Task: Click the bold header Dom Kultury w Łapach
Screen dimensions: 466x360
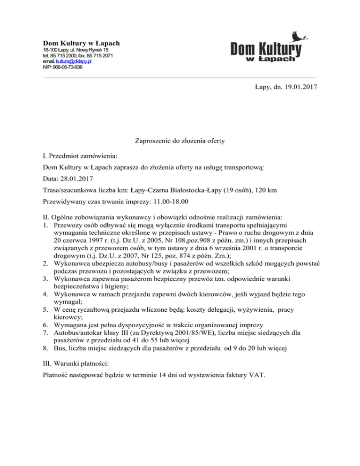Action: tap(82, 43)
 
